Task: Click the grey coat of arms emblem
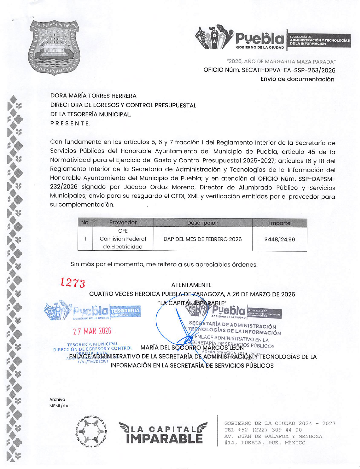[x=54, y=48]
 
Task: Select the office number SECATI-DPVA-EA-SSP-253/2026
[x=288, y=70]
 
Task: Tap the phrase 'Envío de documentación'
[x=297, y=79]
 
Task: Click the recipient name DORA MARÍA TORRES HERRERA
[x=93, y=96]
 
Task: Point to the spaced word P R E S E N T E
[x=70, y=123]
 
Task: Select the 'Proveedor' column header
[x=123, y=223]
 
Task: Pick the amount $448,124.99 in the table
[x=279, y=239]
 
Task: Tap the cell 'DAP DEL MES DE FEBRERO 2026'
[x=203, y=239]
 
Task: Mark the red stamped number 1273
[x=72, y=283]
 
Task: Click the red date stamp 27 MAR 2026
[x=92, y=331]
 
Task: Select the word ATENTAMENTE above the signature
[x=191, y=285]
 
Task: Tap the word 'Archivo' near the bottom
[x=57, y=399]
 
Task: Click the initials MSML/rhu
[x=59, y=406]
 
